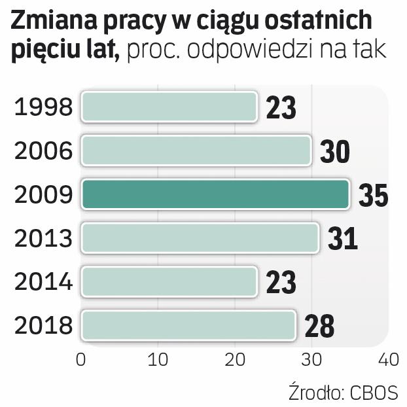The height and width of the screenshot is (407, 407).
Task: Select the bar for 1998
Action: (169, 107)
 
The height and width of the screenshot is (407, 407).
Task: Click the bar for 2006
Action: (196, 150)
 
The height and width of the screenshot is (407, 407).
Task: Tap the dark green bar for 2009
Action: (215, 194)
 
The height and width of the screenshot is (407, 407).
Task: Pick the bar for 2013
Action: (200, 238)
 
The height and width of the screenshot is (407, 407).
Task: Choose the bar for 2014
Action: (169, 281)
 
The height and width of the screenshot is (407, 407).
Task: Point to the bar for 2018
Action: (188, 325)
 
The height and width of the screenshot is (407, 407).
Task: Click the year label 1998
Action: (43, 107)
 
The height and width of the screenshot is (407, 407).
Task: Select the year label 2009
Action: (43, 195)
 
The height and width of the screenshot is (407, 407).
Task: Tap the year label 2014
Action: (43, 282)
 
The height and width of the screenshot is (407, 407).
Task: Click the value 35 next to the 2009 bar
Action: (373, 196)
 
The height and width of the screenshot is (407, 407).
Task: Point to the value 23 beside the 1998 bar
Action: (281, 109)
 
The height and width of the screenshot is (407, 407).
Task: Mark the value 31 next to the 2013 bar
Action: (342, 239)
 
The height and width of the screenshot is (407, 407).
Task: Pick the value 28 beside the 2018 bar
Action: (319, 327)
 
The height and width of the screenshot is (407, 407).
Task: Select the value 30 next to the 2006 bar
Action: (334, 152)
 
